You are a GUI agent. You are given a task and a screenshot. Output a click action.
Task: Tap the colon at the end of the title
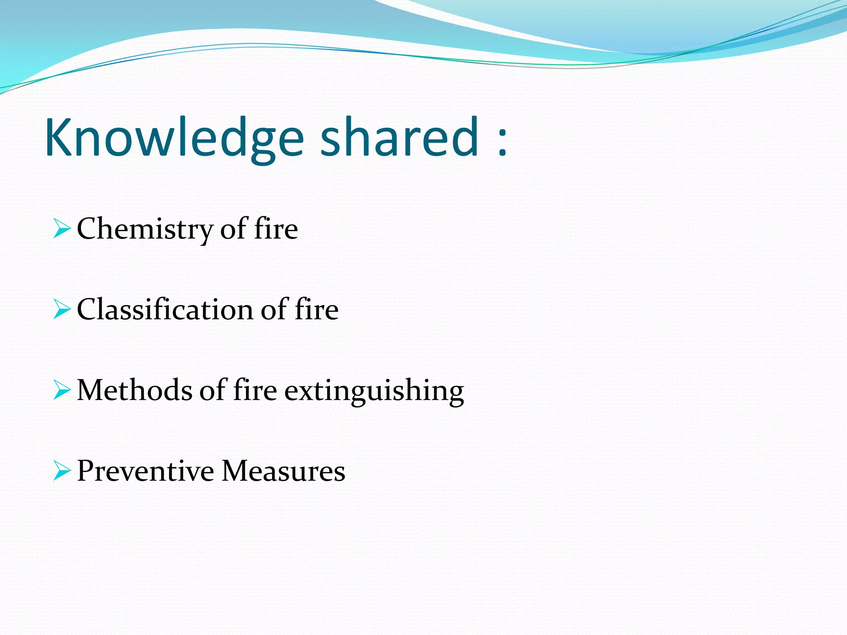pyautogui.click(x=502, y=141)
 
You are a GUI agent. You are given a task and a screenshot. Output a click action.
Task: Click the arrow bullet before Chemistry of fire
pyautogui.click(x=62, y=229)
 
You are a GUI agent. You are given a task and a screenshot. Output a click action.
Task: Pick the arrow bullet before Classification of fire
pyautogui.click(x=62, y=310)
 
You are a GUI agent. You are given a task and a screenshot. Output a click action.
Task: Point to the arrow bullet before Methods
pyautogui.click(x=62, y=390)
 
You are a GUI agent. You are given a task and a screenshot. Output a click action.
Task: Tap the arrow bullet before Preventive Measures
pyautogui.click(x=62, y=471)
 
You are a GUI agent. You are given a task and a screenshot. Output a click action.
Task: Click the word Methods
pyautogui.click(x=134, y=390)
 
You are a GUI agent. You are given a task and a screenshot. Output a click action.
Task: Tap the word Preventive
pyautogui.click(x=145, y=471)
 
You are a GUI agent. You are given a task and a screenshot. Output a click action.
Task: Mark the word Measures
pyautogui.click(x=283, y=471)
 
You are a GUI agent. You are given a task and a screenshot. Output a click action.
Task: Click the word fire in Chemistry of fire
pyautogui.click(x=276, y=229)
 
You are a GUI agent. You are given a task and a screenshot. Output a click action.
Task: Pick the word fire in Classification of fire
pyautogui.click(x=316, y=310)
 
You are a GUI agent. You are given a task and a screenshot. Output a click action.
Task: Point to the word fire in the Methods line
pyautogui.click(x=255, y=390)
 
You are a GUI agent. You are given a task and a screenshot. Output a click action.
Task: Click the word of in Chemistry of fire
pyautogui.click(x=234, y=229)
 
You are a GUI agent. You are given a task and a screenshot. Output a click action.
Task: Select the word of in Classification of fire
pyautogui.click(x=274, y=310)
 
